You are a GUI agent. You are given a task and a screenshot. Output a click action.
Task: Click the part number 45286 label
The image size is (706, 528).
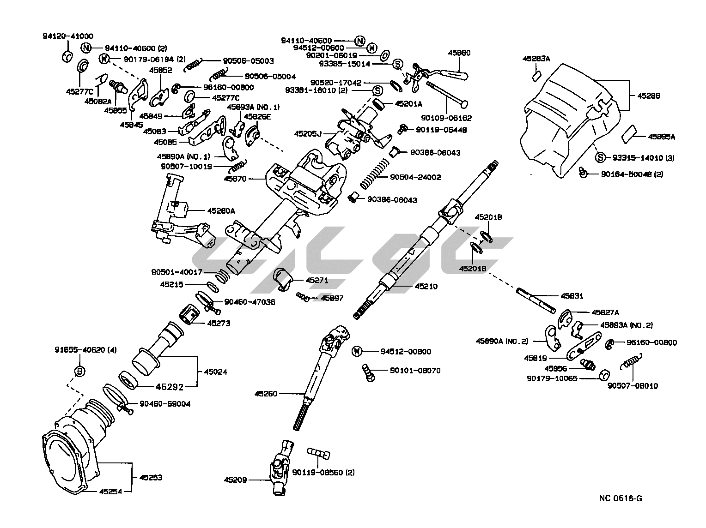648,96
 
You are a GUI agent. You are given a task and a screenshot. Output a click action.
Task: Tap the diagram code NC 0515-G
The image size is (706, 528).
621,498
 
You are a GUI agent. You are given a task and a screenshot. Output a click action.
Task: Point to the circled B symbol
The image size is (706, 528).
79,371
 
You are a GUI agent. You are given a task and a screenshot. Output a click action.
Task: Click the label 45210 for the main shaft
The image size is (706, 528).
426,287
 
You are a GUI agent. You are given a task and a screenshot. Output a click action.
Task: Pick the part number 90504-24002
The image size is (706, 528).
415,177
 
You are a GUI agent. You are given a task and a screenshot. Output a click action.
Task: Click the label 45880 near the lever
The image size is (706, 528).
459,53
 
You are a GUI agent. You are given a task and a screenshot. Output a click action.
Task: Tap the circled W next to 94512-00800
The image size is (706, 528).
357,352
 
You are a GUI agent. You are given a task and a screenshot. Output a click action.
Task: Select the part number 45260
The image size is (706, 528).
266,394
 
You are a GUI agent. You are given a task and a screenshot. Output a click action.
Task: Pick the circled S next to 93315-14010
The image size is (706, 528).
600,158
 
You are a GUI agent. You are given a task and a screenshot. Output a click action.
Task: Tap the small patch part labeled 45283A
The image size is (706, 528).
537,75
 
